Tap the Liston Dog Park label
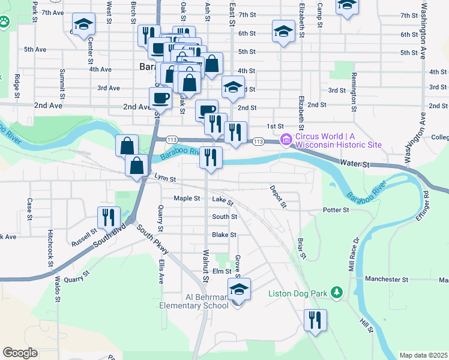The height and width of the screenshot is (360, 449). point(298,293)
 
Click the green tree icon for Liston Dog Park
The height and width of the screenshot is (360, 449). point(337,293)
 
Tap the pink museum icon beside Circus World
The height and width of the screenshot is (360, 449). point(286,139)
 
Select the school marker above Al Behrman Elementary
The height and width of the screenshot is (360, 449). point(239,289)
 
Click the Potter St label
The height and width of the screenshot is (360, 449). point(336,210)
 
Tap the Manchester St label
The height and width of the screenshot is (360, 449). point(387,280)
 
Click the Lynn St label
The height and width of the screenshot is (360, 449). point(164,178)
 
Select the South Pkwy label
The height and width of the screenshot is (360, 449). point(152,239)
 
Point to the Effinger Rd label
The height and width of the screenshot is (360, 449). point(427,205)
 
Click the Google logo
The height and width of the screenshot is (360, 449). point(20,353)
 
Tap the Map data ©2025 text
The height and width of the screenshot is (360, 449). point(423,355)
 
